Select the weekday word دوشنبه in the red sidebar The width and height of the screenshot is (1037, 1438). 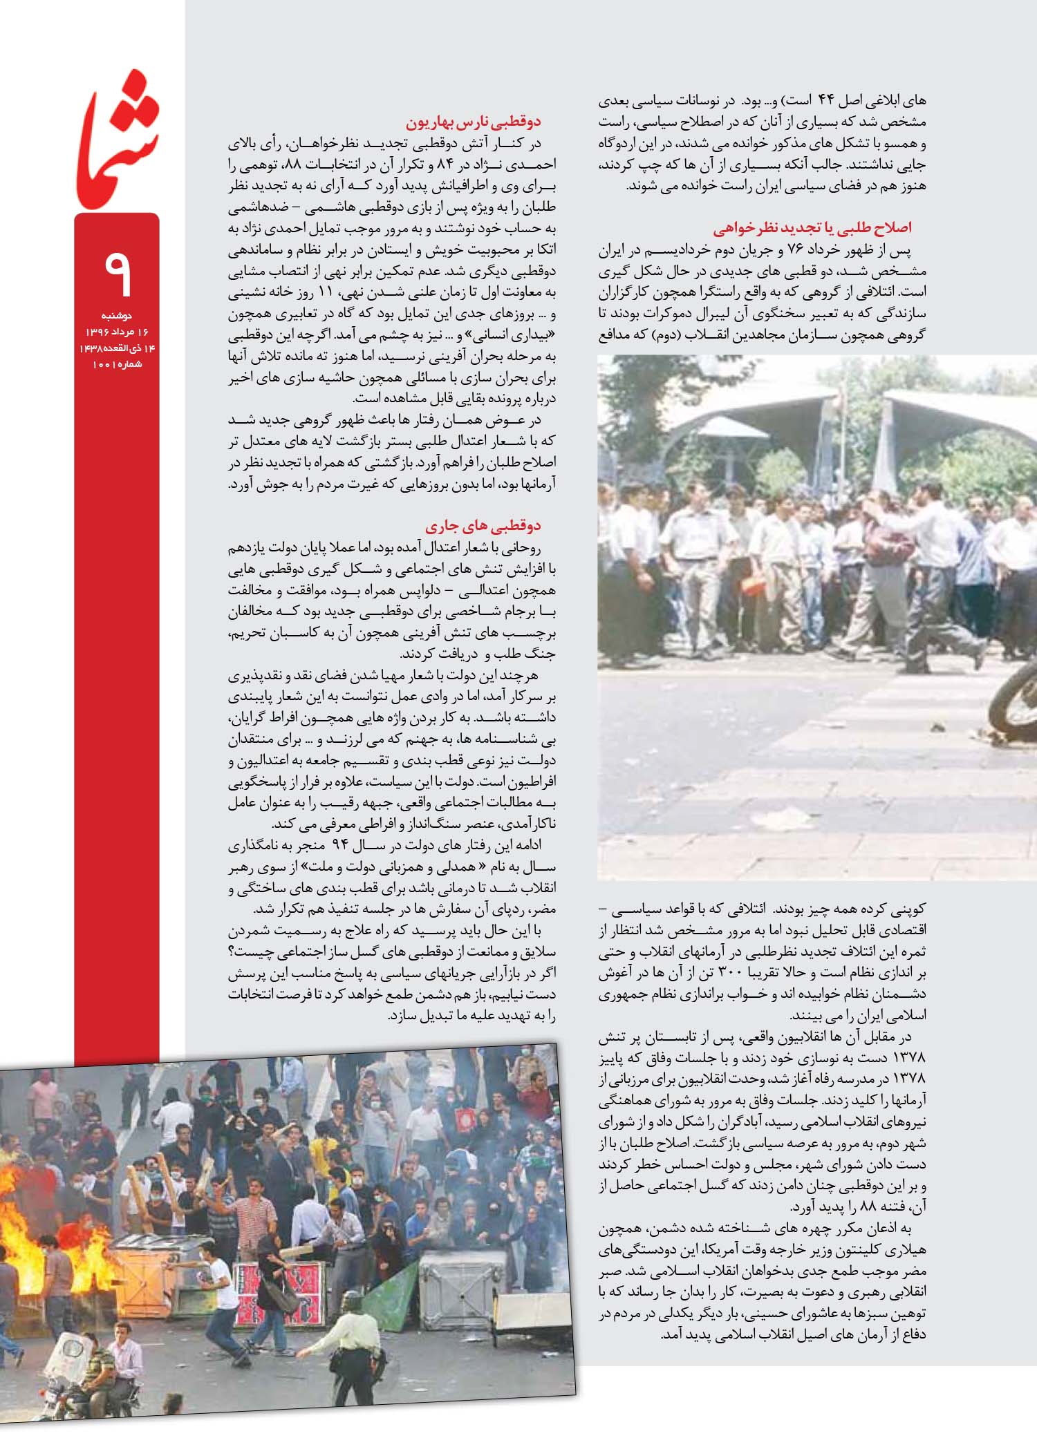point(117,315)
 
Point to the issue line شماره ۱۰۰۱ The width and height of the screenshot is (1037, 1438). point(117,363)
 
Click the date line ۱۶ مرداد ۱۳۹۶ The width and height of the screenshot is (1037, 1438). point(117,332)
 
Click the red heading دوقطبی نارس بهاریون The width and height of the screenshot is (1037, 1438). point(473,122)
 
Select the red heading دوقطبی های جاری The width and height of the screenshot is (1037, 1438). point(483,527)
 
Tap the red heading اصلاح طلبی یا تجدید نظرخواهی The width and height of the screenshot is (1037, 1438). point(812,228)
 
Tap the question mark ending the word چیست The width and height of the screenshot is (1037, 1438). point(232,952)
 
